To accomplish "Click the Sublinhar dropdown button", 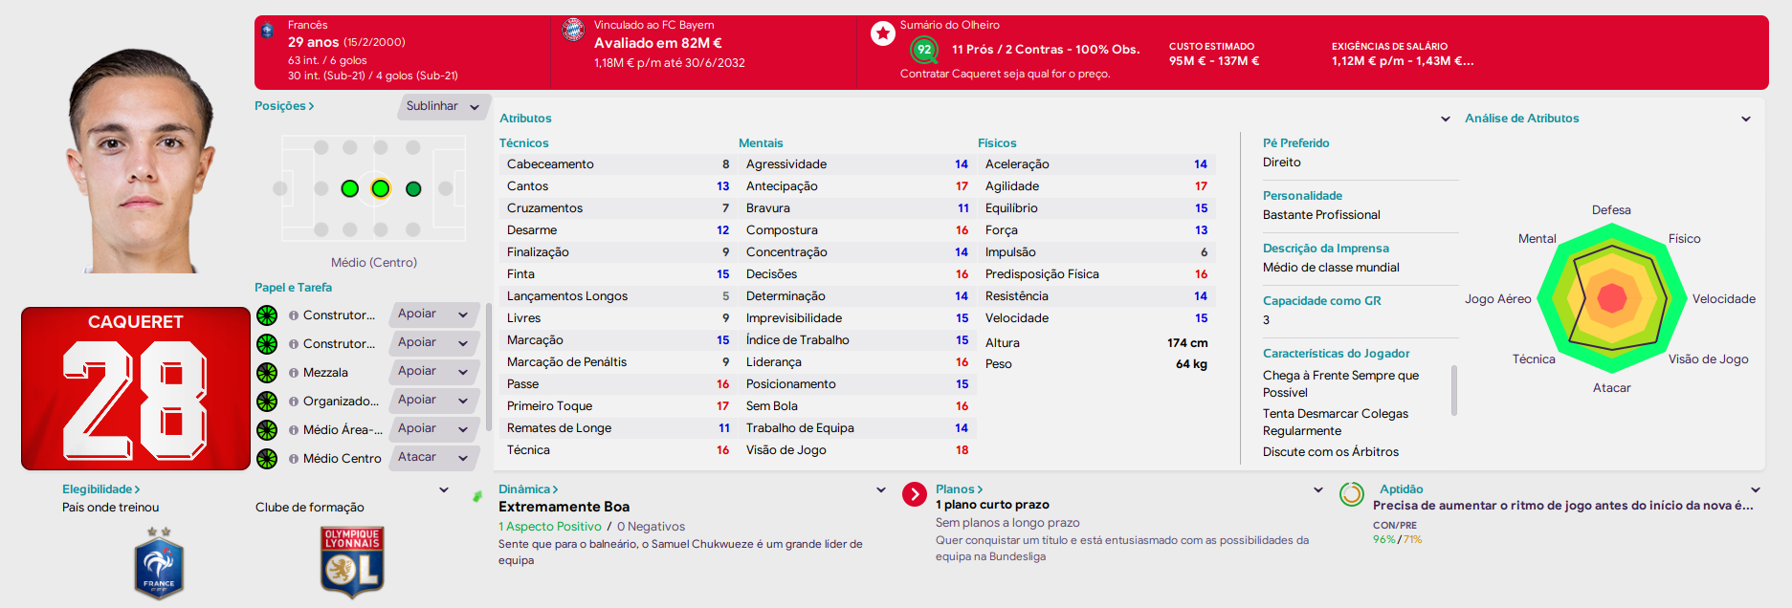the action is [x=442, y=106].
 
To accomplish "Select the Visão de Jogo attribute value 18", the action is [x=962, y=450].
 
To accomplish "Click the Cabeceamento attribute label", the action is [x=550, y=164].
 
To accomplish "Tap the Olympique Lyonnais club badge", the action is [x=352, y=562].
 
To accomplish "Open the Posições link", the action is [x=284, y=106].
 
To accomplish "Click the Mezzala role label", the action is [x=325, y=373].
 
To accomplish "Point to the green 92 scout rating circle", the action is [x=924, y=50].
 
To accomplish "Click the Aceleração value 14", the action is [x=1201, y=164].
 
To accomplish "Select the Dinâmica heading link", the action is [x=528, y=489].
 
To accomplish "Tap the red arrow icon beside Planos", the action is [x=915, y=494].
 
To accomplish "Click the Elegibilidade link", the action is [x=101, y=489].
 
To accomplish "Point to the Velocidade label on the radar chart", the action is [x=1724, y=299].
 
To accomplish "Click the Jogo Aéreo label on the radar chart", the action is [x=1498, y=299].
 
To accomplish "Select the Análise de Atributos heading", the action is [x=1522, y=119].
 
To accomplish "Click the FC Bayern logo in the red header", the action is [x=573, y=30].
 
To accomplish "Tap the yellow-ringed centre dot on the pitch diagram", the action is [x=381, y=189].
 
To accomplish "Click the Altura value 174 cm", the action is [x=1187, y=343].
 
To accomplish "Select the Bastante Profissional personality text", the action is [x=1321, y=215].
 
